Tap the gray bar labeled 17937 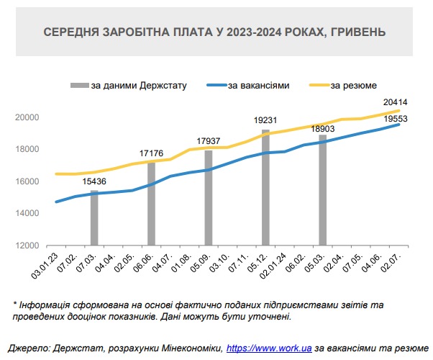209,198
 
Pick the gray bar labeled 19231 265,187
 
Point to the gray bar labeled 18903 323,190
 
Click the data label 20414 395,102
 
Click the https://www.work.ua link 268,347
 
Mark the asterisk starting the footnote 15,302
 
